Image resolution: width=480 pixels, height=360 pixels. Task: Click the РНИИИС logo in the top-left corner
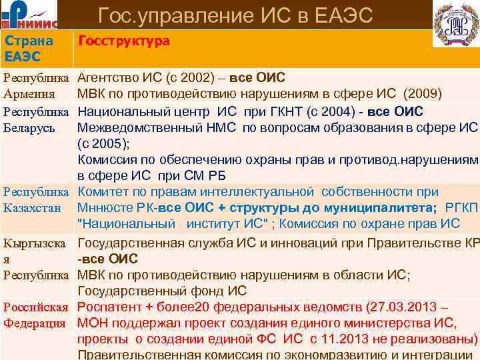(30, 14)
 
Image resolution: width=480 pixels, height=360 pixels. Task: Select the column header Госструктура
(124, 41)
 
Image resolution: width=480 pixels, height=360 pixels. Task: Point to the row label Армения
(27, 93)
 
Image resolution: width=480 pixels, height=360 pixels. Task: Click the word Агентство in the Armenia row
(109, 77)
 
